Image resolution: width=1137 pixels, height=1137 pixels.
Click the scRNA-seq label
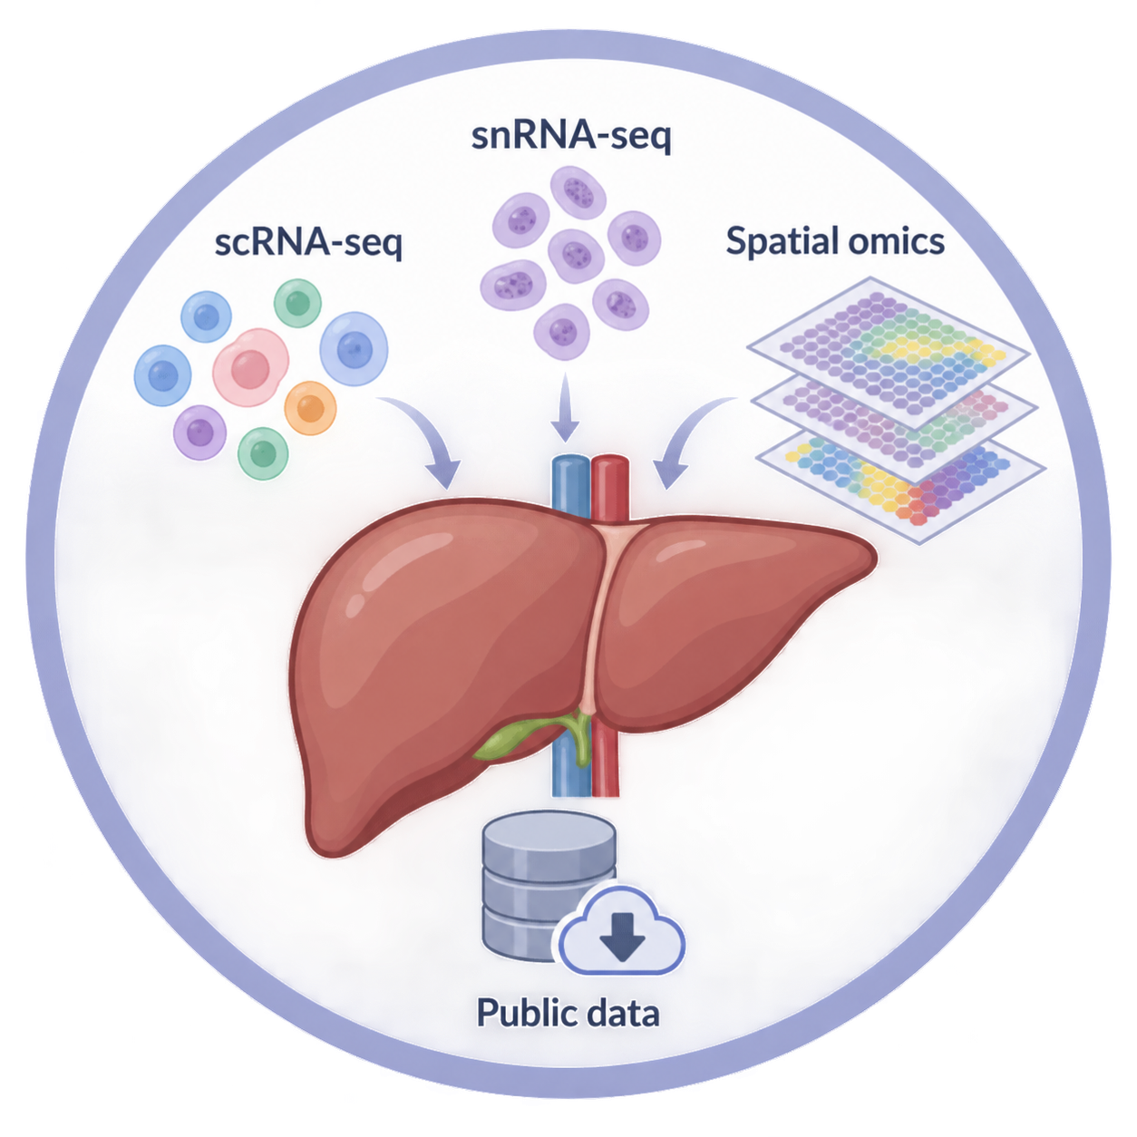(308, 242)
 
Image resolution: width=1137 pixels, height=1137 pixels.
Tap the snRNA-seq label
(571, 136)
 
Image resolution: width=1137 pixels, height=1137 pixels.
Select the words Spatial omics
(834, 241)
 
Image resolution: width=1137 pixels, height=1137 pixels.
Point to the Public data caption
(568, 1013)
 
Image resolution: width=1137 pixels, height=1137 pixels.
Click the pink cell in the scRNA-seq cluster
(251, 367)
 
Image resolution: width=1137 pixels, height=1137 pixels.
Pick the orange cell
(310, 408)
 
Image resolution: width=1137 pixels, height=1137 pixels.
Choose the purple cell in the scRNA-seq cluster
(200, 432)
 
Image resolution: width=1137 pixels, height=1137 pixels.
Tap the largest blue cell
(354, 349)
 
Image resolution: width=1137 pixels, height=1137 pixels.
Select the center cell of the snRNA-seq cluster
(576, 256)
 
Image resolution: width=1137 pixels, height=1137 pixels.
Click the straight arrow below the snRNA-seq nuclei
(565, 407)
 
